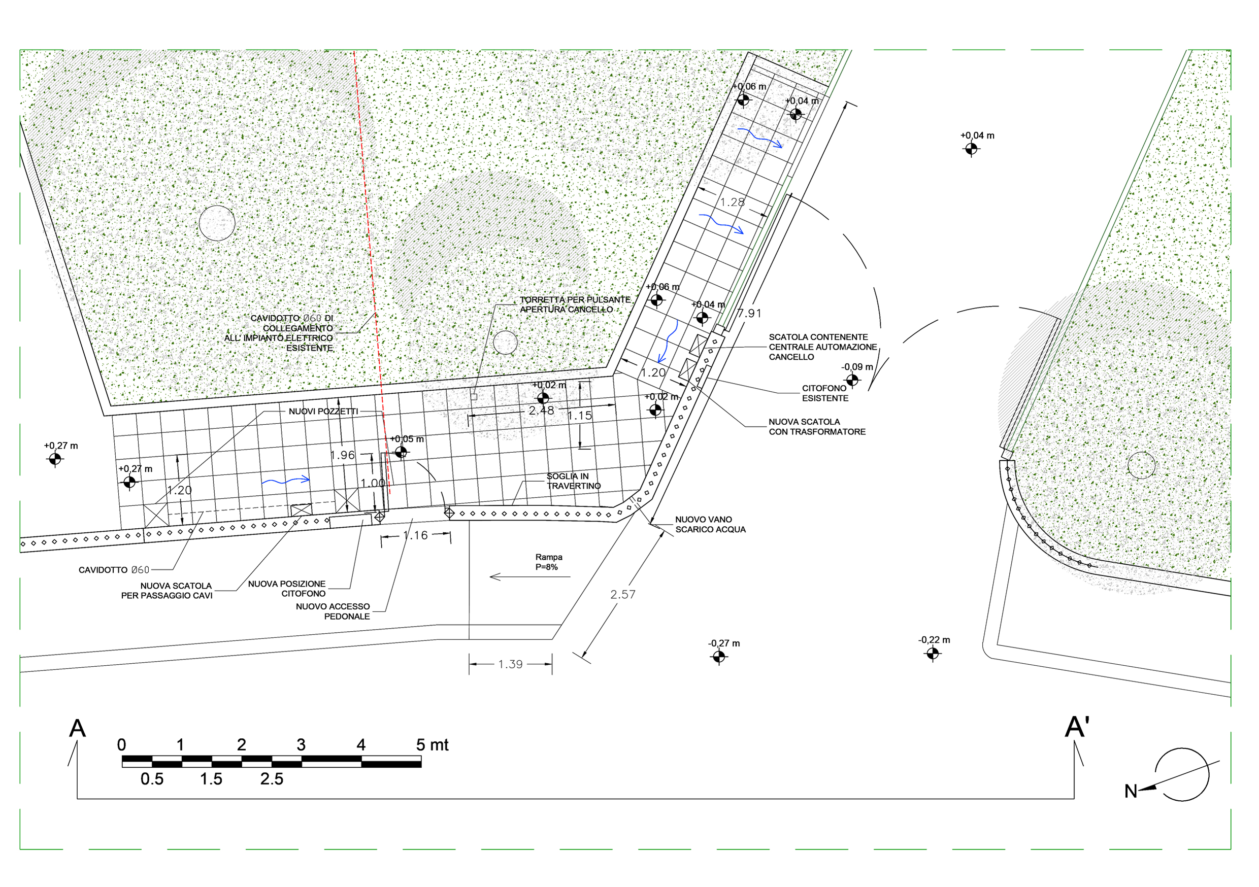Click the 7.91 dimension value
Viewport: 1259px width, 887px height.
[749, 314]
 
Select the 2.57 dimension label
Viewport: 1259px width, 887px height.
[623, 594]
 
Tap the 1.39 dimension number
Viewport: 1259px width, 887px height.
[510, 664]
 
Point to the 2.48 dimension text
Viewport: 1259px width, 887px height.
[541, 411]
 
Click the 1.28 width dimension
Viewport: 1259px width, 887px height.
[733, 202]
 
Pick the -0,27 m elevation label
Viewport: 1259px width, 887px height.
[724, 643]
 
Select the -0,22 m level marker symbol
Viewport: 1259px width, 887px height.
[932, 654]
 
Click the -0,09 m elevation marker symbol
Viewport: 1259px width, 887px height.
[852, 380]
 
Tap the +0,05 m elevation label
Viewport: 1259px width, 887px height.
[407, 439]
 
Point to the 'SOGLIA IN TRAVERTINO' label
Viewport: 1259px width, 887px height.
[574, 482]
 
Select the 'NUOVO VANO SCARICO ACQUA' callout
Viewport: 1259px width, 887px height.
[710, 525]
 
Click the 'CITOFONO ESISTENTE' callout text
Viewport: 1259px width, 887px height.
[825, 393]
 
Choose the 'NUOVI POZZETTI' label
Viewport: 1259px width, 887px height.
[323, 412]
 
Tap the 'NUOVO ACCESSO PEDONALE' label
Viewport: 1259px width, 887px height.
[333, 611]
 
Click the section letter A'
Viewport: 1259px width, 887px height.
[1077, 727]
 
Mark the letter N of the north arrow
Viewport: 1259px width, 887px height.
[1131, 792]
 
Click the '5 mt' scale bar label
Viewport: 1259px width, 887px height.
[432, 745]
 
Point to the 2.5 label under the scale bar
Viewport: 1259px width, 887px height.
[272, 779]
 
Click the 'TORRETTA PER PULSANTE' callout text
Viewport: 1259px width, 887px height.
[575, 300]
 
